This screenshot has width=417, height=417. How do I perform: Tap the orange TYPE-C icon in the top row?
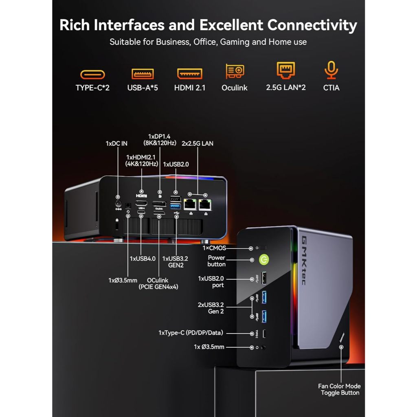click(92, 74)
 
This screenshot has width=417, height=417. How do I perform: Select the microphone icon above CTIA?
click(331, 70)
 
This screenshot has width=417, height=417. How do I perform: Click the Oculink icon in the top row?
click(235, 71)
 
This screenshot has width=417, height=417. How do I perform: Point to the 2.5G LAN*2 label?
click(286, 88)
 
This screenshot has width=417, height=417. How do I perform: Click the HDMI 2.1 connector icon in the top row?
click(190, 74)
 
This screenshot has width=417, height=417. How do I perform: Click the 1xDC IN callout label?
click(116, 143)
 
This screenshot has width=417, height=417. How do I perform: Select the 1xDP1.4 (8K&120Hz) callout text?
click(159, 140)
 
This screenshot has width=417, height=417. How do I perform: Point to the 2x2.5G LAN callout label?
click(197, 143)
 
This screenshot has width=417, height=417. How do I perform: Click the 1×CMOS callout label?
click(214, 248)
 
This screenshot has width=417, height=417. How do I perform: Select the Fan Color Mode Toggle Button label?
click(340, 389)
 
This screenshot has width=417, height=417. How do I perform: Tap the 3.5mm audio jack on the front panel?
click(265, 347)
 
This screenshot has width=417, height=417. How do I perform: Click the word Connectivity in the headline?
click(312, 25)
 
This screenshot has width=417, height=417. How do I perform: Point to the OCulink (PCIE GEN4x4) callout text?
click(158, 283)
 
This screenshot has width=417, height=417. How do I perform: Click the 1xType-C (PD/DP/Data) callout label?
click(191, 333)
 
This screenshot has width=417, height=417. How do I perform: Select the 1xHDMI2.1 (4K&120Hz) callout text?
click(142, 160)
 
